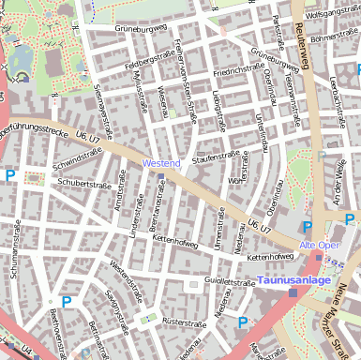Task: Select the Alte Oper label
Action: pos(318,245)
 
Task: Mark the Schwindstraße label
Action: pos(77,160)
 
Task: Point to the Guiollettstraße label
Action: pos(231,280)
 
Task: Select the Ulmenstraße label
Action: pos(218,230)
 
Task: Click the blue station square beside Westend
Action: pos(161,175)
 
